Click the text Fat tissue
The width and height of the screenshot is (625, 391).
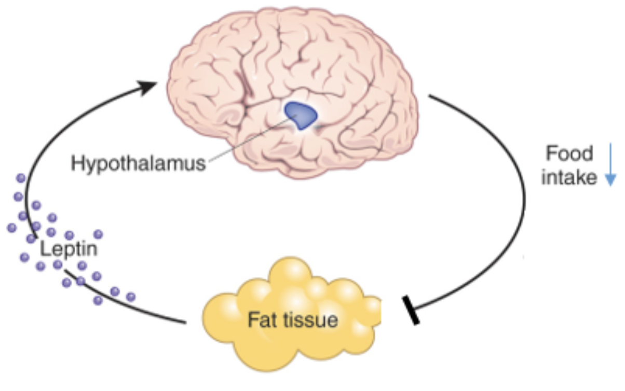[292, 319]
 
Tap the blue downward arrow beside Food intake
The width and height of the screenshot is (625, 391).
[610, 166]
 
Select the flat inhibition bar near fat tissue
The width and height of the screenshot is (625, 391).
[410, 310]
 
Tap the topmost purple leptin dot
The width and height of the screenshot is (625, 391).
[21, 178]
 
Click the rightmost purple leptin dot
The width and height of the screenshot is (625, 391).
[131, 297]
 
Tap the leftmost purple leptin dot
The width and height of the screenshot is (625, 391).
[11, 227]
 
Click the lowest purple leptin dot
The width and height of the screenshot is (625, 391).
[98, 300]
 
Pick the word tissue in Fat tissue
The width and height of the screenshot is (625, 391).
[311, 319]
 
